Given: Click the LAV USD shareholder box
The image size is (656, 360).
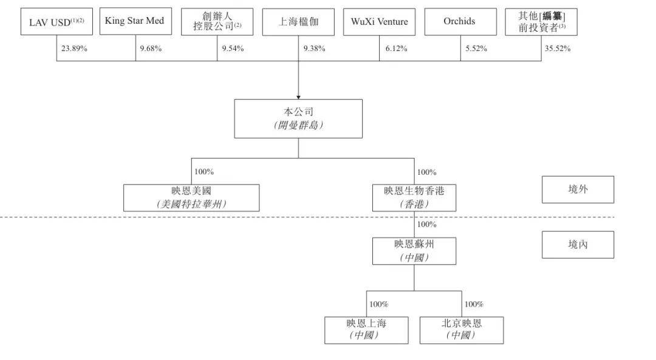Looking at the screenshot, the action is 56,21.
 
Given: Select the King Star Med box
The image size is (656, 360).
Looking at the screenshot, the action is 135,21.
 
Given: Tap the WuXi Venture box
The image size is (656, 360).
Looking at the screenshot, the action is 380,22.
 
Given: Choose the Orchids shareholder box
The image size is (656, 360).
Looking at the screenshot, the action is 460,22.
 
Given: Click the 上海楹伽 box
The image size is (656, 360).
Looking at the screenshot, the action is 298,22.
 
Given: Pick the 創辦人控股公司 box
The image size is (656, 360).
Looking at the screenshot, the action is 217,22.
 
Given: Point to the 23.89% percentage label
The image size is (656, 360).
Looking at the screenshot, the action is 74,49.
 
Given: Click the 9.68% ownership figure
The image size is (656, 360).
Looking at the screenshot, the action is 151,49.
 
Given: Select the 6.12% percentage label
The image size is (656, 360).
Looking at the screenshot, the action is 396,49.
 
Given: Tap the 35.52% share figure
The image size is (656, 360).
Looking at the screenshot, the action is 557,49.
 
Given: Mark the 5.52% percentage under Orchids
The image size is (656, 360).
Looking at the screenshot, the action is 476,49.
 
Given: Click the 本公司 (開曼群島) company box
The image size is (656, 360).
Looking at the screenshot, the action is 298,119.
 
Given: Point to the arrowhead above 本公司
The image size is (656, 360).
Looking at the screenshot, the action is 298,97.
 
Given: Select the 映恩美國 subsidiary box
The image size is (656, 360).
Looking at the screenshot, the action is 191,198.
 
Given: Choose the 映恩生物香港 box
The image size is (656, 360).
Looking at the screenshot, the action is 414,198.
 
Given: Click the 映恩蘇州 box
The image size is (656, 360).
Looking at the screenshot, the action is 414,251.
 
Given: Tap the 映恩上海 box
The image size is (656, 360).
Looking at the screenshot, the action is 366,330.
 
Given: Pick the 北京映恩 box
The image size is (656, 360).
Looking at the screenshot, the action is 462,330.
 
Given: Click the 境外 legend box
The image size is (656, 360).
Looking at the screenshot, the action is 578,189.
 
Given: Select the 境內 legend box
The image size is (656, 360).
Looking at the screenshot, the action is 578,245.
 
